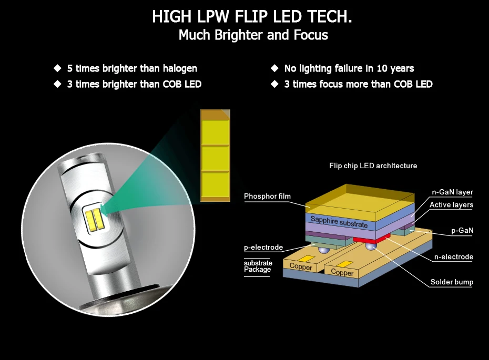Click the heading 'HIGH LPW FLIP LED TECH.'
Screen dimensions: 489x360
[x=252, y=16]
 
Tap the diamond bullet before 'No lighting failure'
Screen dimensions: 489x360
[x=275, y=68]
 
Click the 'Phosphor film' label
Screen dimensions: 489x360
[x=267, y=196]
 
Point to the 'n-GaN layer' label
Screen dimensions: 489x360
[x=452, y=192]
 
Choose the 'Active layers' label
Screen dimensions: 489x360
[x=451, y=205]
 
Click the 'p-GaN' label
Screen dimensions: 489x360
[x=462, y=230]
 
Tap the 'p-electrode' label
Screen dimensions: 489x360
[x=263, y=248]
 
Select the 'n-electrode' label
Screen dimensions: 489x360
[x=454, y=257]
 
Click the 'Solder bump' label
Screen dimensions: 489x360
[x=452, y=282]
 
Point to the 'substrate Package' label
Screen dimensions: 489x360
[x=258, y=266]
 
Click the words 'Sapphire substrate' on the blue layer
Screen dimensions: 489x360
[x=339, y=222]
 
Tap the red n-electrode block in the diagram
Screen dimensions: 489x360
[x=372, y=239]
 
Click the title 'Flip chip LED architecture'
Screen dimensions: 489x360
[x=373, y=166]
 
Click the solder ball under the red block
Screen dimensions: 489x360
[x=371, y=246]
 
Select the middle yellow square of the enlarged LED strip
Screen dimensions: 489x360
[x=215, y=158]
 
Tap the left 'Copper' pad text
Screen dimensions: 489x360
[x=301, y=266]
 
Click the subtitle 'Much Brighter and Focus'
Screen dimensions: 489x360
[x=253, y=35]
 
